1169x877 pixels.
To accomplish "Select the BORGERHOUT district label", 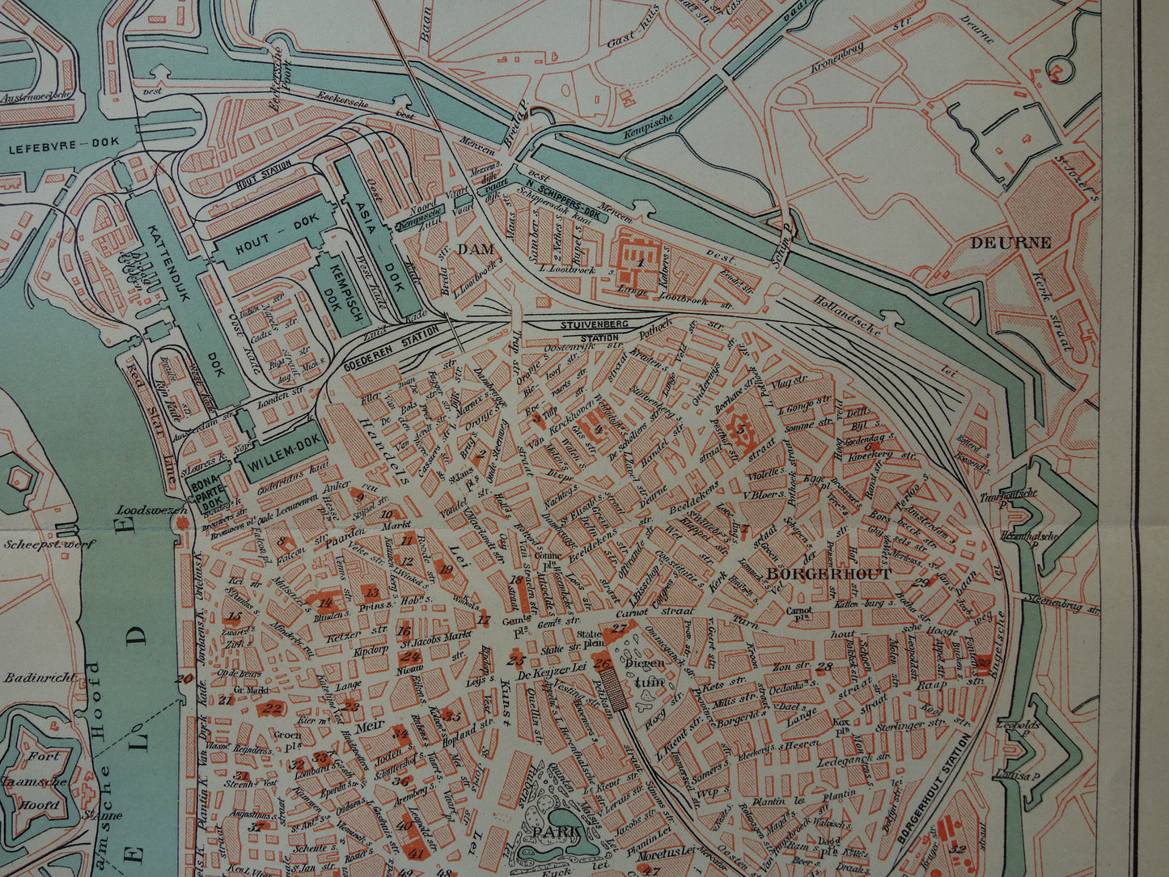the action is [828, 574].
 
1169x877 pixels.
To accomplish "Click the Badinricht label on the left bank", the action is [38, 678].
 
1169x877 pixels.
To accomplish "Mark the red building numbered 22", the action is [273, 710].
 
